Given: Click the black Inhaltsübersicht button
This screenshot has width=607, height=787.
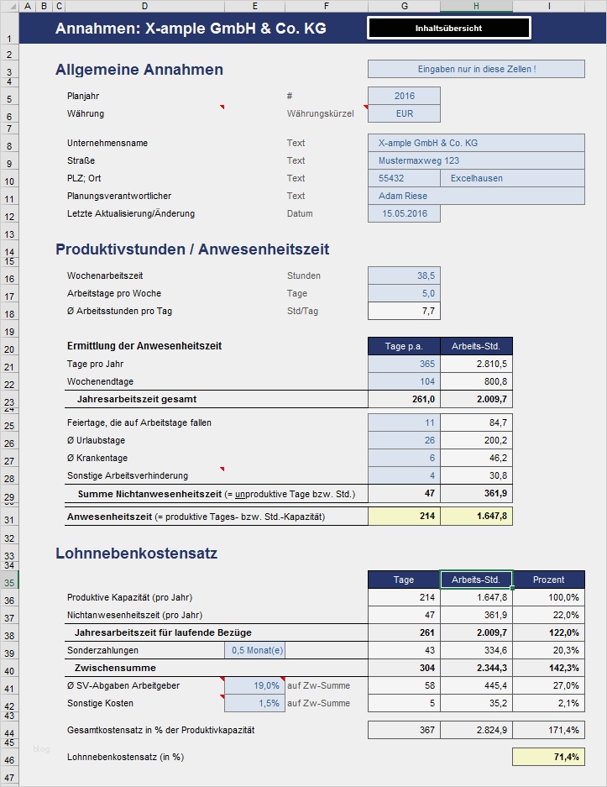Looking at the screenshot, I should pos(448,29).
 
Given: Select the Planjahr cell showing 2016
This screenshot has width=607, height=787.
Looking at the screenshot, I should pos(404,97).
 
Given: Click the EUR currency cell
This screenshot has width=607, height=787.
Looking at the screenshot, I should pos(404,113).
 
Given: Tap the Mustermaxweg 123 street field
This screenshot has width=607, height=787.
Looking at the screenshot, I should pos(476,160).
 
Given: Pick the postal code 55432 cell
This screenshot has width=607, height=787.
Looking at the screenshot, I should pos(404,178).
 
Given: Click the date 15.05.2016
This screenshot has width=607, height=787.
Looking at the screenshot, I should pos(404,214).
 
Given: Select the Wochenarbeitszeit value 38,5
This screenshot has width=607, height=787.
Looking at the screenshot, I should pos(404,275).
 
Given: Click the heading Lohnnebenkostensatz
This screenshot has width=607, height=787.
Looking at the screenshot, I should pos(137,554).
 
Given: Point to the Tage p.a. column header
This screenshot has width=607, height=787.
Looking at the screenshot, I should pos(404,346).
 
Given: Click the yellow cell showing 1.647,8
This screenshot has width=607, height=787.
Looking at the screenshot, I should pos(476,517).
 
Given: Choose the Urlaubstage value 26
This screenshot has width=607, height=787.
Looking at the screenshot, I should pos(404,441).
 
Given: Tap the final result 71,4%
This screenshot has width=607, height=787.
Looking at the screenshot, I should pos(548,758).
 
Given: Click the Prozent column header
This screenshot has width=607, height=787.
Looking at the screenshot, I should pos(548,580).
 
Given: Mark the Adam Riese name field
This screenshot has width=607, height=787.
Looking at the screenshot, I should pos(476,196).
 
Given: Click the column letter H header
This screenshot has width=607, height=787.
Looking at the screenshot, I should pos(476,7).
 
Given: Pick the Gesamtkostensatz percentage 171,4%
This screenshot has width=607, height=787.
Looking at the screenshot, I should pos(548,731).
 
